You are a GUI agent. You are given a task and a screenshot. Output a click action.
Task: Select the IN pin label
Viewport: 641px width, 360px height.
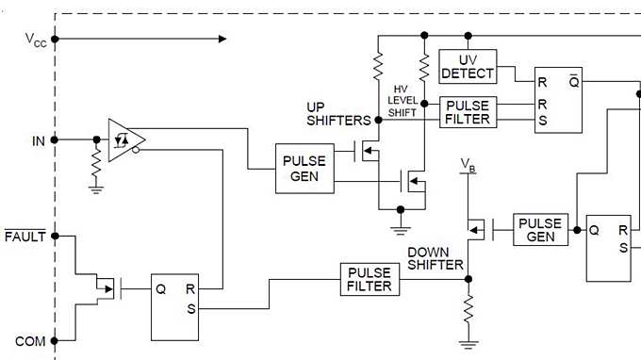click(38, 140)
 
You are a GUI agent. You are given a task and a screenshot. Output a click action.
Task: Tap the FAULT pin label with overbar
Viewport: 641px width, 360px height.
click(25, 237)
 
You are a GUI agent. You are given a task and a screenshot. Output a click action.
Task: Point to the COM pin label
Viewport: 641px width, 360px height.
click(30, 340)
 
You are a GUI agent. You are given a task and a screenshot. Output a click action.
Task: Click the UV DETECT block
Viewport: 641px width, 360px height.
click(467, 66)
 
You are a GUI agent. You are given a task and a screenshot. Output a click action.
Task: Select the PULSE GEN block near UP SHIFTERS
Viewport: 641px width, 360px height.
click(304, 169)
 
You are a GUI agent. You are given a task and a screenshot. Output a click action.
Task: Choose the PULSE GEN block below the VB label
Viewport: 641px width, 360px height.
click(541, 230)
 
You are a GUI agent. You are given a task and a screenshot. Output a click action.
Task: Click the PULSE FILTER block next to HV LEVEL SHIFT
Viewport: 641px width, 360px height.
click(467, 112)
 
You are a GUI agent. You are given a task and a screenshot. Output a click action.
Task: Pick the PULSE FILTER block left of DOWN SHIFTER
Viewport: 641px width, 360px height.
click(368, 279)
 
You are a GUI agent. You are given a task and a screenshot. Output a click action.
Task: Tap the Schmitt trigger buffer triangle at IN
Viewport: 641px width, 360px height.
click(124, 139)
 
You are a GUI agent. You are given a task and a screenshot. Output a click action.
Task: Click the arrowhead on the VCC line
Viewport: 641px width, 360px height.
click(222, 39)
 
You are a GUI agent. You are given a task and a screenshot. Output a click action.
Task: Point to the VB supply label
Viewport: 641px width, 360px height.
click(468, 167)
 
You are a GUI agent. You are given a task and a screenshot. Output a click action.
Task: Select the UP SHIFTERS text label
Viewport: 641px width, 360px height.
click(339, 112)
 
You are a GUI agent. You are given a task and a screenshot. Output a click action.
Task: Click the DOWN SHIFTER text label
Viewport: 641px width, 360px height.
click(435, 259)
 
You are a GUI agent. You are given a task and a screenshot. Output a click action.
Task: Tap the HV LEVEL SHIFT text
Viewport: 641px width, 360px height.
click(403, 101)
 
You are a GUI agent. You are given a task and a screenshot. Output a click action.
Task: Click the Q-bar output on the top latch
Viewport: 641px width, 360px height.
click(573, 81)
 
